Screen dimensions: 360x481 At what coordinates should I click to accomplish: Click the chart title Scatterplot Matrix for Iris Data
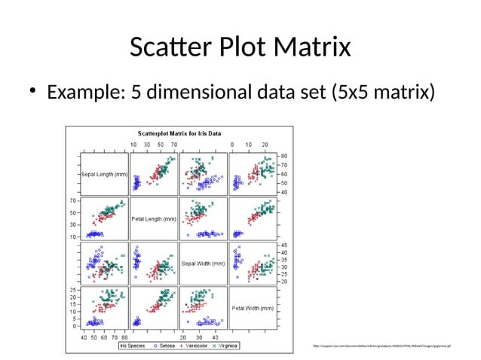click(x=179, y=133)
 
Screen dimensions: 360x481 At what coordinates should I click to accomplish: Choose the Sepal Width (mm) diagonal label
click(x=204, y=264)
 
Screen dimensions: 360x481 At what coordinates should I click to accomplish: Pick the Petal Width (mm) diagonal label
click(x=253, y=308)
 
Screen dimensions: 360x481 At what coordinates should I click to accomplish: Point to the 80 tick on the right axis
click(x=285, y=156)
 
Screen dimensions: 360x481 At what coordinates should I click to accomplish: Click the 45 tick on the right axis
click(x=285, y=246)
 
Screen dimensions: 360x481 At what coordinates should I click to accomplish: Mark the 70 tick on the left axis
click(x=72, y=201)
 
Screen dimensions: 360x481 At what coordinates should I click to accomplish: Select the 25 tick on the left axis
click(x=72, y=290)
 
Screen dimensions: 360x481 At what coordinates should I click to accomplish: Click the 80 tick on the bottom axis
click(x=124, y=337)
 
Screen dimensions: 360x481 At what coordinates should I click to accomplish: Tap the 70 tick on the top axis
click(x=174, y=143)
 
